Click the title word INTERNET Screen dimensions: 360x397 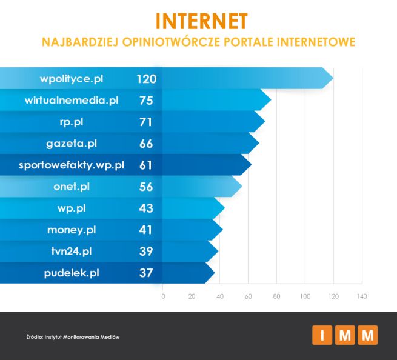[x=201, y=21]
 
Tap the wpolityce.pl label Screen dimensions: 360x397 [x=72, y=79]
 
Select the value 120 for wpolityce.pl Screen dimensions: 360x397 [x=146, y=79]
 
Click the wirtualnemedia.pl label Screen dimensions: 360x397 [x=72, y=101]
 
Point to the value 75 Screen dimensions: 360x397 [x=146, y=101]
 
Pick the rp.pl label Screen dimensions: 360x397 [x=72, y=122]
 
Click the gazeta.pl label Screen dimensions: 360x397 [x=72, y=144]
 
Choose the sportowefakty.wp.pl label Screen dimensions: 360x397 [x=72, y=165]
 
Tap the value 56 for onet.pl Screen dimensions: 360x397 [x=146, y=187]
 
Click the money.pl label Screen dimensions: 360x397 [x=72, y=230]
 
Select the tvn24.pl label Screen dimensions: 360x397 [x=72, y=251]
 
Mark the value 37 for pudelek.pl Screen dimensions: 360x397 [x=146, y=273]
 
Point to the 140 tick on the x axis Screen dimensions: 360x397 [x=362, y=296]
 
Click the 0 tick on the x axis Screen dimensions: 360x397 [x=163, y=296]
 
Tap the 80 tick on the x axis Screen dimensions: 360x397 [x=276, y=296]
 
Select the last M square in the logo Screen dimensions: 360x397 [x=367, y=335]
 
